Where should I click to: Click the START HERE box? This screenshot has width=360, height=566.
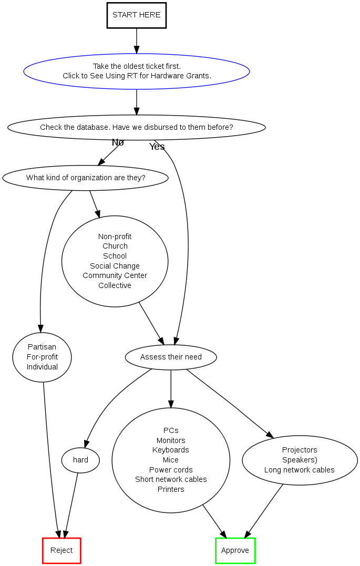click(137, 15)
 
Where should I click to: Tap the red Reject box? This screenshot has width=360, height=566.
click(61, 550)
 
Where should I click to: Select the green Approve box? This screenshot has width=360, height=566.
click(235, 550)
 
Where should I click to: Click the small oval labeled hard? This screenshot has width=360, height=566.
click(80, 460)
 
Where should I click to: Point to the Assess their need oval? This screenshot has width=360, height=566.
click(171, 357)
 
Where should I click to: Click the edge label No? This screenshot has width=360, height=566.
click(118, 142)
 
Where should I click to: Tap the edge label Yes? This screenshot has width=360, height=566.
click(157, 147)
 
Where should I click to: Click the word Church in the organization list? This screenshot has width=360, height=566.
click(115, 246)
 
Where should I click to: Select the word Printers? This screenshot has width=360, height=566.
click(171, 489)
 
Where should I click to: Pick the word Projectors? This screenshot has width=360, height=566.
click(300, 450)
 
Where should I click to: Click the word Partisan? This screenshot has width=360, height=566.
click(42, 347)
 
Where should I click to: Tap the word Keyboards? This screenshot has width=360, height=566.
click(171, 450)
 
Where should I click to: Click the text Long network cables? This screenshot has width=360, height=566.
click(300, 470)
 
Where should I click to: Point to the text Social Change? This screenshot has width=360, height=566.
click(115, 266)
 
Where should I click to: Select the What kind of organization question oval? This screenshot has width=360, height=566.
click(86, 178)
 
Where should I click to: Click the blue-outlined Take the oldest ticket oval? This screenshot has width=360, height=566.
click(137, 71)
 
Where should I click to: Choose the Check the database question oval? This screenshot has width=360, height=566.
click(137, 127)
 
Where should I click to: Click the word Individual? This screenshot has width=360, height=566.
click(42, 367)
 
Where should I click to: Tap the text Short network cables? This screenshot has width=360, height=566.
click(171, 479)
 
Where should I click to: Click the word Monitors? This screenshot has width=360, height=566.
click(171, 440)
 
